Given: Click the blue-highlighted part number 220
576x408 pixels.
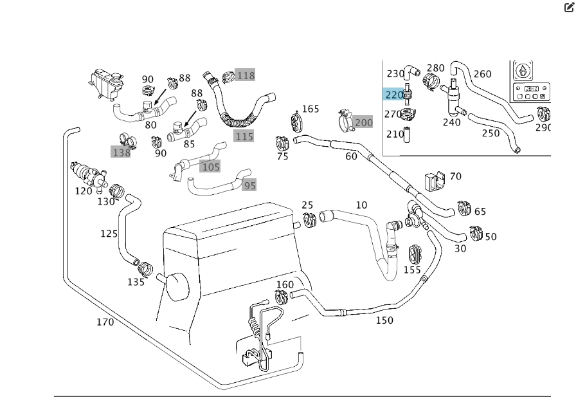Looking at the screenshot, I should pyautogui.click(x=394, y=95).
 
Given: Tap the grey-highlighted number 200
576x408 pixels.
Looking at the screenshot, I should pyautogui.click(x=363, y=122).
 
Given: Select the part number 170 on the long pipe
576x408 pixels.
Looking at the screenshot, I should pyautogui.click(x=105, y=322).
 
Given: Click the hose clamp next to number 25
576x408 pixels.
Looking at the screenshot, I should pyautogui.click(x=310, y=220).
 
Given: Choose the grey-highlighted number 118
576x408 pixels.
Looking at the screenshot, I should pyautogui.click(x=246, y=75).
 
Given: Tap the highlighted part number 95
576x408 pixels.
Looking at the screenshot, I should pyautogui.click(x=249, y=185).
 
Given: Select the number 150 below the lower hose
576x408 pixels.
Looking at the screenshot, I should pyautogui.click(x=384, y=320).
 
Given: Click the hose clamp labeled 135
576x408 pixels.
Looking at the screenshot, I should pyautogui.click(x=145, y=266).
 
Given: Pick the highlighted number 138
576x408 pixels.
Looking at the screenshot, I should pyautogui.click(x=121, y=153).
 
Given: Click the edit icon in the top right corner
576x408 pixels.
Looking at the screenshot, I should pyautogui.click(x=569, y=8).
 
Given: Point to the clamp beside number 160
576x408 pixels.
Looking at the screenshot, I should pyautogui.click(x=282, y=297).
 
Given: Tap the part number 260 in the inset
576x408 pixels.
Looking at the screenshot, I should pyautogui.click(x=482, y=74).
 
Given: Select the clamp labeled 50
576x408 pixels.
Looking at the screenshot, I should pyautogui.click(x=476, y=233).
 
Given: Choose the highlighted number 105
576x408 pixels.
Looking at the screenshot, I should pyautogui.click(x=210, y=167).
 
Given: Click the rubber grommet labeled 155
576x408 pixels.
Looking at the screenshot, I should pyautogui.click(x=413, y=253).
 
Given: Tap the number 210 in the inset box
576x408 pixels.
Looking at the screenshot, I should pyautogui.click(x=395, y=134).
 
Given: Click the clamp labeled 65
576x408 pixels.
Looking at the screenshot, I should pyautogui.click(x=464, y=209).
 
